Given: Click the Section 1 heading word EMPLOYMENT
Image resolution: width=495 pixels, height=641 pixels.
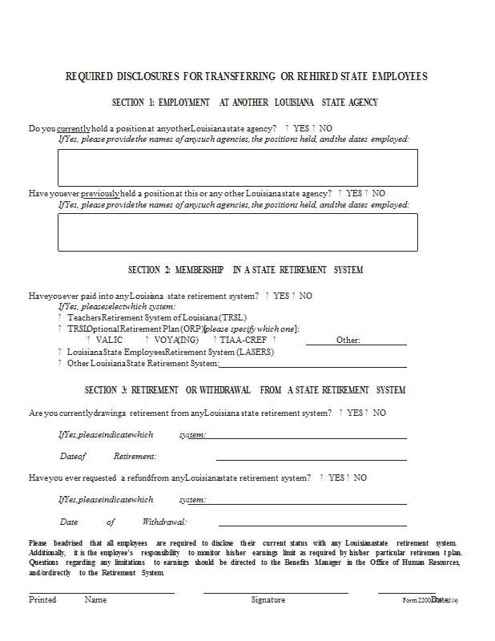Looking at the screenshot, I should [x=183, y=103].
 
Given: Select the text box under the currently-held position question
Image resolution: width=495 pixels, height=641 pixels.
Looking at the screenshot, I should [x=237, y=167].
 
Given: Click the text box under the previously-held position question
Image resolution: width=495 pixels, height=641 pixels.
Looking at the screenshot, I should [x=237, y=232].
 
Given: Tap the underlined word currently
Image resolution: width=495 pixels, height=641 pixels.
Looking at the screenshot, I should [x=74, y=128].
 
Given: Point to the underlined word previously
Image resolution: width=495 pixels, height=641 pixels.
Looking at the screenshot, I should [x=100, y=193].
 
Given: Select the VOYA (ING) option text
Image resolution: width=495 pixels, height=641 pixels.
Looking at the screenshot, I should [x=177, y=340].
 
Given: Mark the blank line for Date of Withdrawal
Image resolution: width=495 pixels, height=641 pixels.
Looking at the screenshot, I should [x=311, y=526].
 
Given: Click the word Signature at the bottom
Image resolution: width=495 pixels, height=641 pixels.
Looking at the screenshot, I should [x=268, y=599].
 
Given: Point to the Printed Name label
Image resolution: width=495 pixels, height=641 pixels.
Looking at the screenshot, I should [x=67, y=599].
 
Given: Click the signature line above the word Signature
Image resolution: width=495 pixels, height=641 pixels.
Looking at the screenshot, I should [x=276, y=593].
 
